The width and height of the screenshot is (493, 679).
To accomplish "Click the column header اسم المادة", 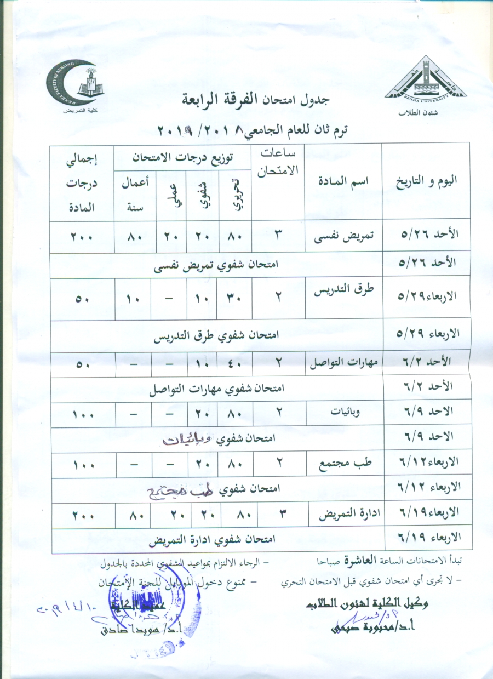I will pos(343,181).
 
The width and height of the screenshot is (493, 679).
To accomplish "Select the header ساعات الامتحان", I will pos(278,162).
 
